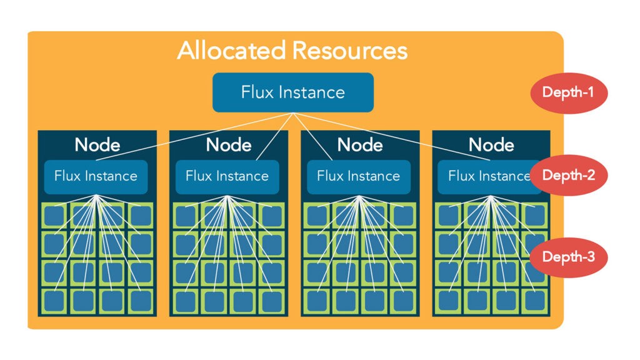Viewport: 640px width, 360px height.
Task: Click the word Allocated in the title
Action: click(231, 50)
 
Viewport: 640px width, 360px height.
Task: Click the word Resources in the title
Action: click(350, 51)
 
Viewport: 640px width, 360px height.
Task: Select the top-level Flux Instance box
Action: click(293, 92)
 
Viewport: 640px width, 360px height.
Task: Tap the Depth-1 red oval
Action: click(569, 92)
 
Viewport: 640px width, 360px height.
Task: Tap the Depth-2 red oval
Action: click(569, 175)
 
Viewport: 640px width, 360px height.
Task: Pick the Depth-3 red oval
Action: click(569, 257)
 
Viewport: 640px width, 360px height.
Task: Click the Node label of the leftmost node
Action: click(97, 145)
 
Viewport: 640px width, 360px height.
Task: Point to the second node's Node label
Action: click(229, 145)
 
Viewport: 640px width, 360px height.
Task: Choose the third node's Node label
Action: click(360, 145)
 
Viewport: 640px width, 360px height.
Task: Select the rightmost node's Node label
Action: click(491, 145)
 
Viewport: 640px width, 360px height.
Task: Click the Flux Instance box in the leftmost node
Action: click(96, 177)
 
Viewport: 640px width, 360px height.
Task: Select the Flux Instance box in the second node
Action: click(227, 177)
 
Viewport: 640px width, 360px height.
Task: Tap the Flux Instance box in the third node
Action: click(359, 177)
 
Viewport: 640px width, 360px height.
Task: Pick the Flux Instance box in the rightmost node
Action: click(489, 177)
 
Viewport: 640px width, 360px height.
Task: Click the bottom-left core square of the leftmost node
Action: click(54, 301)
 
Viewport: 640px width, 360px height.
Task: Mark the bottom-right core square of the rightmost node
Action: click(535, 301)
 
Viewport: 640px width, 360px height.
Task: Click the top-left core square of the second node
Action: click(186, 216)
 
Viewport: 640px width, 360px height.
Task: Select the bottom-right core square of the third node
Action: click(403, 301)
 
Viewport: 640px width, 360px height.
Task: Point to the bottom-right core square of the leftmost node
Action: click(141, 301)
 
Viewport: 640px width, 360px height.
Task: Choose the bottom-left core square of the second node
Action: click(186, 301)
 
